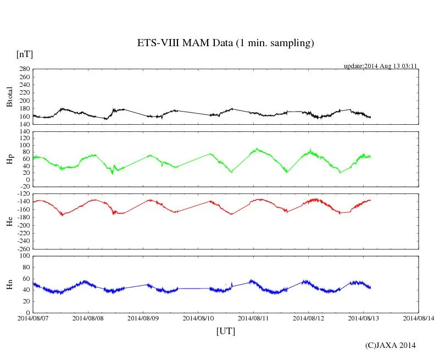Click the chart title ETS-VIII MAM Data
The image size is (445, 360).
click(x=225, y=43)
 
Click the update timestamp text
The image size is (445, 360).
click(x=381, y=65)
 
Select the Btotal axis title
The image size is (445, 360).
click(x=9, y=97)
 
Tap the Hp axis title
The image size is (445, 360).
click(x=9, y=159)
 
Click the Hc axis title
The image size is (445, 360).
click(x=9, y=221)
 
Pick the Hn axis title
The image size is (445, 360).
click(x=9, y=284)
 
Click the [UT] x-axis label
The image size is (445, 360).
click(x=226, y=331)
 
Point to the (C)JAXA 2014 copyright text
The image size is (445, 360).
click(x=390, y=345)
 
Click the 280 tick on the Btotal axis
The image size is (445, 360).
click(x=24, y=69)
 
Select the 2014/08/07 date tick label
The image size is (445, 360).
click(x=33, y=318)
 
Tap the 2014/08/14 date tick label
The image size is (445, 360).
click(x=419, y=318)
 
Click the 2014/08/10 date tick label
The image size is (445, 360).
click(x=198, y=318)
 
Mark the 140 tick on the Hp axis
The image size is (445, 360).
click(x=24, y=131)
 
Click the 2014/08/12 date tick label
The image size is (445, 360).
click(x=309, y=318)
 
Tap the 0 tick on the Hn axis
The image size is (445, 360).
click(x=27, y=313)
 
